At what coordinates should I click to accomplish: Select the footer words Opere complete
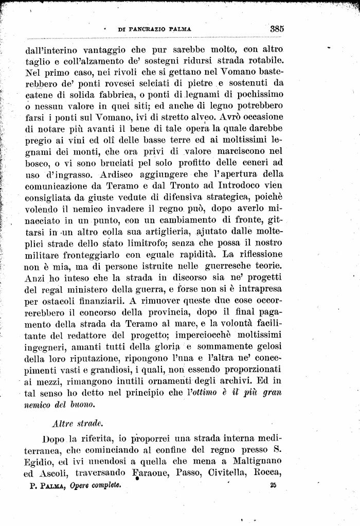click(x=95, y=485)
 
